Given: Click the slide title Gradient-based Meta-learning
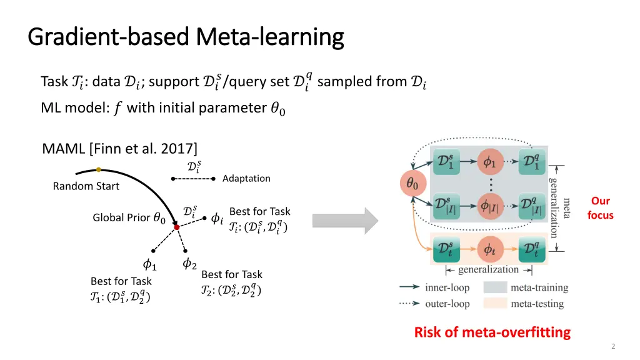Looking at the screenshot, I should (186, 37).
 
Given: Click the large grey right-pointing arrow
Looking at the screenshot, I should (346, 221).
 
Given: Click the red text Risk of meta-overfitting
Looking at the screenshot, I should (492, 332).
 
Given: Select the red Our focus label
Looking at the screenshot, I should (600, 208).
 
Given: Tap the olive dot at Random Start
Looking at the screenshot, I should (99, 169).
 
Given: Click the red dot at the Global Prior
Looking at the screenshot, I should (177, 227).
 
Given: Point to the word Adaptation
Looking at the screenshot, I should (246, 179).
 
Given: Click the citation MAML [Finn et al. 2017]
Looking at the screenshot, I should (119, 149).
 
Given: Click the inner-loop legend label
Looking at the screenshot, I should (447, 288).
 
